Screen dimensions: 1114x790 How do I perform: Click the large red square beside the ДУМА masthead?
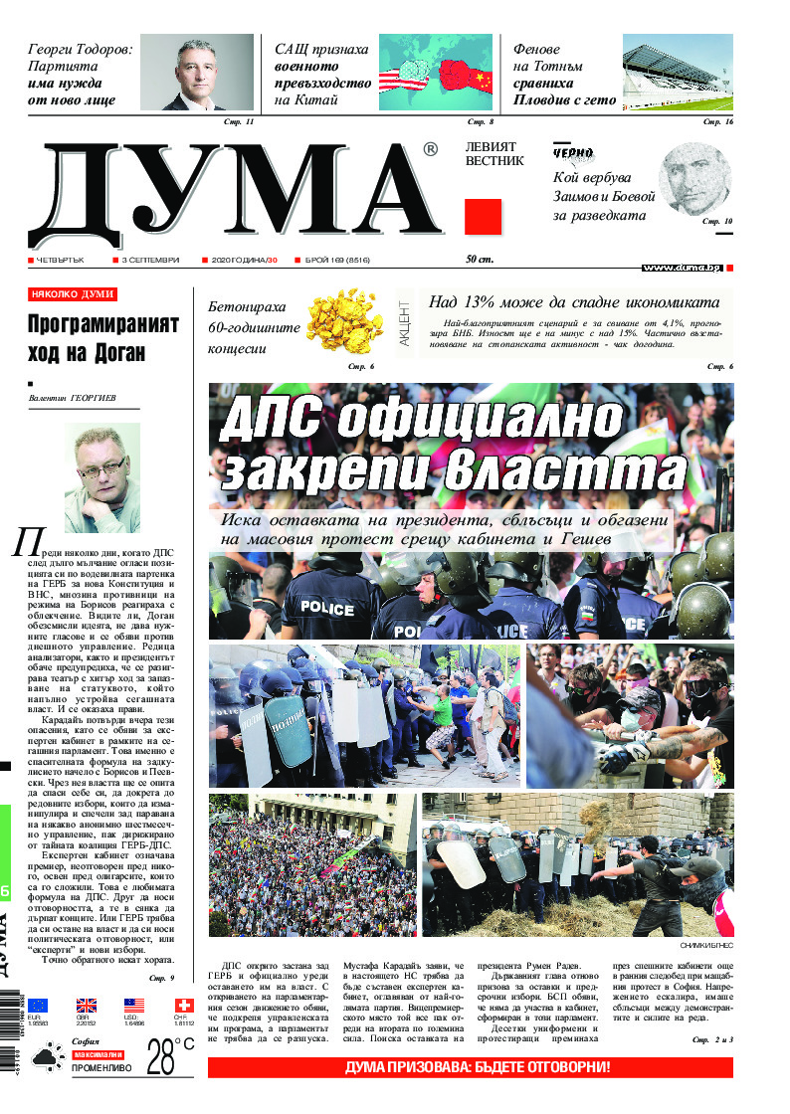point(483,216)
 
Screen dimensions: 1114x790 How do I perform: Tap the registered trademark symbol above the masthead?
point(430,150)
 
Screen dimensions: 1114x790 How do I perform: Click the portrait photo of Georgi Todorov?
point(196,73)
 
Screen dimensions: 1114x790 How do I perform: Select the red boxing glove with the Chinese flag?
point(464,74)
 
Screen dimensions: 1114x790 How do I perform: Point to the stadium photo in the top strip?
point(678,73)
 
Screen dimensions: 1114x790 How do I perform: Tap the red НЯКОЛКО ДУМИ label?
point(73,294)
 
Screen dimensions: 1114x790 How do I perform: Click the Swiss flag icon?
point(183,1006)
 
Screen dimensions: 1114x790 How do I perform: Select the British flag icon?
point(87,1006)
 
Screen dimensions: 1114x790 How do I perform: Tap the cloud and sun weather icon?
point(45,1059)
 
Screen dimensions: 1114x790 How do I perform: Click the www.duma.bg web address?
point(682,268)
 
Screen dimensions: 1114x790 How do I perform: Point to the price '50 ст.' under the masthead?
point(480,260)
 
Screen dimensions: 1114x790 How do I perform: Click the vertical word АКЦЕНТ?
point(404,321)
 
